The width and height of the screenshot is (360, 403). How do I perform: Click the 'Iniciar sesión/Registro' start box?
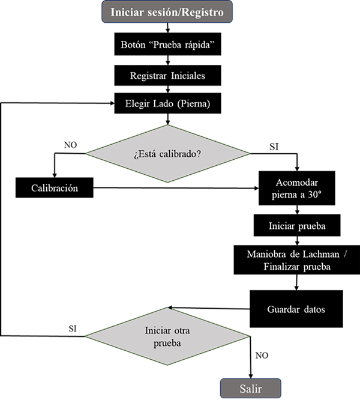(167, 11)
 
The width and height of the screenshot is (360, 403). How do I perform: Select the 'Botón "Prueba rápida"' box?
(167, 44)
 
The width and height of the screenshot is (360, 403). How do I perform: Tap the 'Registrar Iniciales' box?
(167, 75)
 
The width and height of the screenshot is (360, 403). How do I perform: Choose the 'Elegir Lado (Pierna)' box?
(167, 103)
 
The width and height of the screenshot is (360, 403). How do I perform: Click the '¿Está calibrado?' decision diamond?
(167, 154)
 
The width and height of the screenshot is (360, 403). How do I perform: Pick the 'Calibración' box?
(55, 187)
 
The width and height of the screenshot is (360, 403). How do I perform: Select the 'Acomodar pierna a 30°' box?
(297, 188)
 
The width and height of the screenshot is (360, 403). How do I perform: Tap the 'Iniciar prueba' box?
(297, 225)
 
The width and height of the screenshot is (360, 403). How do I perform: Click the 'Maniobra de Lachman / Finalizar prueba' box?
(297, 260)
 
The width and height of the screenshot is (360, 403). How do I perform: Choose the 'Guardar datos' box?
(296, 309)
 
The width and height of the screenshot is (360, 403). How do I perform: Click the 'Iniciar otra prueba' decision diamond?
(167, 336)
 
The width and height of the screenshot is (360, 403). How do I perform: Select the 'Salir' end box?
(251, 389)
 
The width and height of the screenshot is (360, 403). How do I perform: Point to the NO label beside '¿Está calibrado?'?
(70, 145)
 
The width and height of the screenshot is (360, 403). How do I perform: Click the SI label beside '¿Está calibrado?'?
(274, 147)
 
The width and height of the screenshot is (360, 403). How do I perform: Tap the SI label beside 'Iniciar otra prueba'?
(73, 329)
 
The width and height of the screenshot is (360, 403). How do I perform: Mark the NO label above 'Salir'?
(262, 356)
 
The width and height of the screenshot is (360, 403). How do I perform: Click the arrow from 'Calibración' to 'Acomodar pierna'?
(176, 188)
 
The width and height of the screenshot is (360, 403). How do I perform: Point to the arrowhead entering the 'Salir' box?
(251, 376)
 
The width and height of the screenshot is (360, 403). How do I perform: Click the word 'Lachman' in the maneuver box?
(321, 254)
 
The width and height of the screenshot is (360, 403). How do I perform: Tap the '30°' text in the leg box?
(315, 195)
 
